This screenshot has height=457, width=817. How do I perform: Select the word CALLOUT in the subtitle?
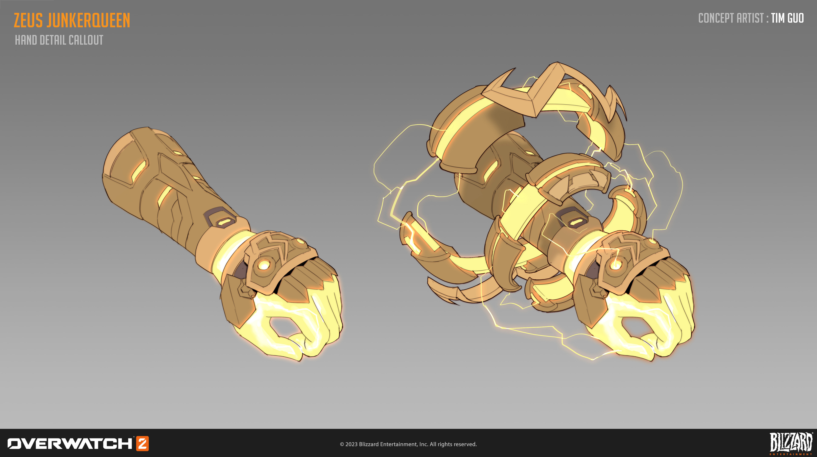(86, 40)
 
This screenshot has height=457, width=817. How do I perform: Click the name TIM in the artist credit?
(777, 18)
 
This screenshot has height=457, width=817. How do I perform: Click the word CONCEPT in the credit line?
(716, 18)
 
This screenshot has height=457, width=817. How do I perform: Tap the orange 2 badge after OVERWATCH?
(142, 443)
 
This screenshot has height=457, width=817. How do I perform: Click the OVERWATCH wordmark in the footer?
(70, 444)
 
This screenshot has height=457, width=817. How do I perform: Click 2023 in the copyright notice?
(351, 444)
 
